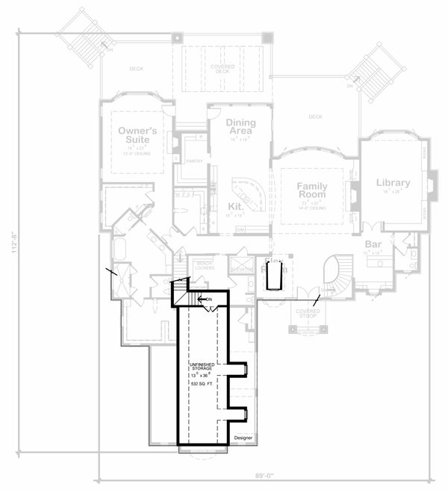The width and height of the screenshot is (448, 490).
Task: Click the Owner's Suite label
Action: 134,134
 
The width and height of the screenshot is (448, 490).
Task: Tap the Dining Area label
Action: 239,127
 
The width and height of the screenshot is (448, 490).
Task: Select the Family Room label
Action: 313,189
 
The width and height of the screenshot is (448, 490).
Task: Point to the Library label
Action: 393,183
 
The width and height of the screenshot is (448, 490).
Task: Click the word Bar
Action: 373,245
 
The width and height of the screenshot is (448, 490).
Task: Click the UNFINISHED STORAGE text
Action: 202,366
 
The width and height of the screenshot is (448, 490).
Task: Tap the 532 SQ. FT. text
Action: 202,383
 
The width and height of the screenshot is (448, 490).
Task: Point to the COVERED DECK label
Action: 222,69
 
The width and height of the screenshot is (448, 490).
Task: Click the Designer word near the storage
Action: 243,437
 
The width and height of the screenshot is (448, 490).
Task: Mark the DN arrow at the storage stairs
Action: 205,300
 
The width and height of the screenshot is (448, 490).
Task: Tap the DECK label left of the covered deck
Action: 135,69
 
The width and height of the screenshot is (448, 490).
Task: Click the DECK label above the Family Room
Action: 314,117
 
